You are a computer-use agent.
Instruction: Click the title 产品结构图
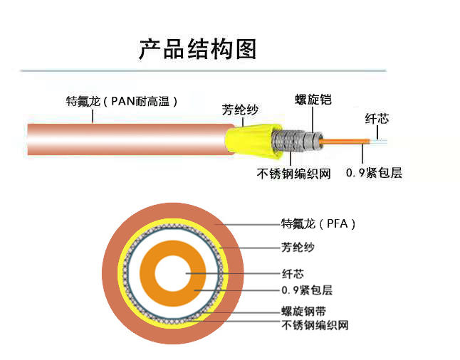pyautogui.click(x=197, y=49)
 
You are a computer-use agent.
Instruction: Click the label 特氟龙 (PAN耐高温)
pyautogui.click(x=122, y=101)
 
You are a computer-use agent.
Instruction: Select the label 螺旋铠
pyautogui.click(x=313, y=100)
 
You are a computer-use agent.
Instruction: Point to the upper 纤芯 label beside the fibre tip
pyautogui.click(x=377, y=119)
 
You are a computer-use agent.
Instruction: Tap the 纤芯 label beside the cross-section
pyautogui.click(x=293, y=273)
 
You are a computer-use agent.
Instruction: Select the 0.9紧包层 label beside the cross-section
pyautogui.click(x=307, y=290)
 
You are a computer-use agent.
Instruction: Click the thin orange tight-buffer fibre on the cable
pyautogui.click(x=342, y=140)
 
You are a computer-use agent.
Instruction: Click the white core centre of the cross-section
pyautogui.click(x=173, y=272)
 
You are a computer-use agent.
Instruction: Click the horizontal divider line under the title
pyautogui.click(x=203, y=71)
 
